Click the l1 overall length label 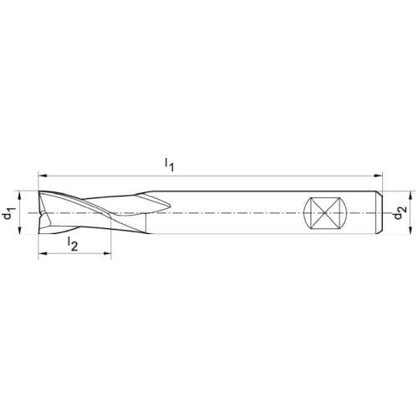point(169,165)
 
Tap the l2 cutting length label point(73,244)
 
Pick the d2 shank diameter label point(400,213)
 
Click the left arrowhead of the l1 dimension point(42,176)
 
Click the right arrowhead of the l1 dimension point(378,176)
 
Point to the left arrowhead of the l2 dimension point(42,253)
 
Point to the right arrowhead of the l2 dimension point(107,253)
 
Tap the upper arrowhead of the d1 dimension point(19,196)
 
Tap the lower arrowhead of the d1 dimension point(19,230)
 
